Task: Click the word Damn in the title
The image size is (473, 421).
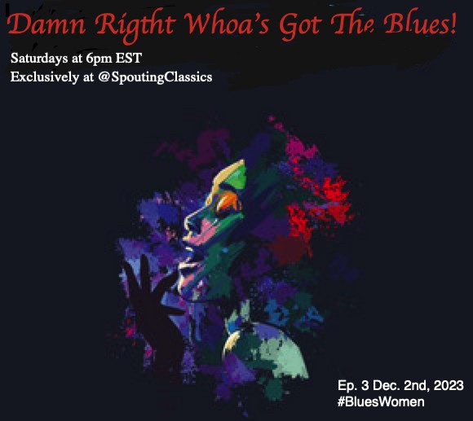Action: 46,24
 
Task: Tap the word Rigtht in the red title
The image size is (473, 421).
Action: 135,27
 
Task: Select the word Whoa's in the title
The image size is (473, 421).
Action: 227,24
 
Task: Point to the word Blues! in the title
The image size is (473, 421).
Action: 420,24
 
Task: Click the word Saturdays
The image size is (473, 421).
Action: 39,59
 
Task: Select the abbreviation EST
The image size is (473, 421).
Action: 129,58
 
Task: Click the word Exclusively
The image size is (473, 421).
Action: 45,77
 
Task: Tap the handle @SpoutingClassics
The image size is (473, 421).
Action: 155,77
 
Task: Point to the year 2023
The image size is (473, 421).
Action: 449,385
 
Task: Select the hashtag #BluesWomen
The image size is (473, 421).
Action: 381,402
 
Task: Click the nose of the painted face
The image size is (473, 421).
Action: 192,223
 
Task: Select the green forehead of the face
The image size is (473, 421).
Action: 234,175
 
